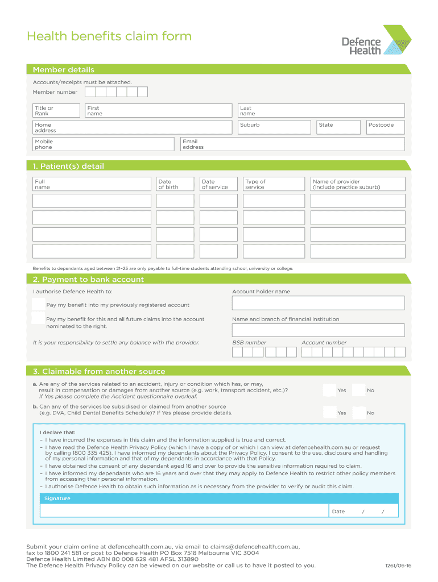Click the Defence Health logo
375,40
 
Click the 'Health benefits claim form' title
109,36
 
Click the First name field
158,111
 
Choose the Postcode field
385,127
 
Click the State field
338,127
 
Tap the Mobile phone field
103,144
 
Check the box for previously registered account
39,304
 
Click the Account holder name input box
318,303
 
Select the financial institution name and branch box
318,330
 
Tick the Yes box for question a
329,390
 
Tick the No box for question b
358,413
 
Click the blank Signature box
184,511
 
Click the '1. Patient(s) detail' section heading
68,166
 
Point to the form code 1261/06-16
398,566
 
